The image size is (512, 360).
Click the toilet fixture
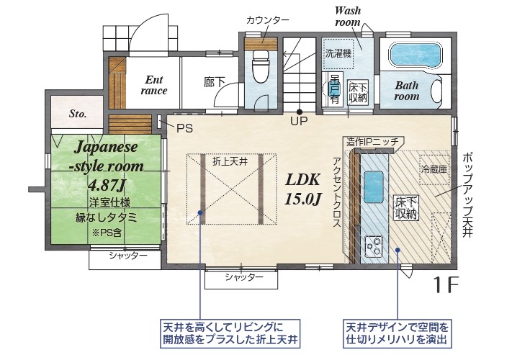click(260, 67)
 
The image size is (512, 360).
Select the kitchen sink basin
click(374, 187)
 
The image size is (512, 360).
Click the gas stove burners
click(374, 245)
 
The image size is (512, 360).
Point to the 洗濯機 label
click(338, 53)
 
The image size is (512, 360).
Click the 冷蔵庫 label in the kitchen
click(434, 169)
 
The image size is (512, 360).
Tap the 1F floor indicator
click(446, 284)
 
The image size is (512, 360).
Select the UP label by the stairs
click(299, 121)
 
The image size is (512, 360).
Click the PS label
click(184, 128)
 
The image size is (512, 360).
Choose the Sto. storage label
click(78, 114)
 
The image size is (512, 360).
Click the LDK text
click(302, 179)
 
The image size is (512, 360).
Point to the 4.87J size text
click(107, 185)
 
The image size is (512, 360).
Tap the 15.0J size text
click(303, 199)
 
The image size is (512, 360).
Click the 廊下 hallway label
click(214, 82)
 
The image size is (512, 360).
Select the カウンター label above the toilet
click(268, 20)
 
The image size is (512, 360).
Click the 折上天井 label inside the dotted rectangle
click(230, 161)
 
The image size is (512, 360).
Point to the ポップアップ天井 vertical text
click(467, 196)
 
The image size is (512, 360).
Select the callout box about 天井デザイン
click(398, 333)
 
